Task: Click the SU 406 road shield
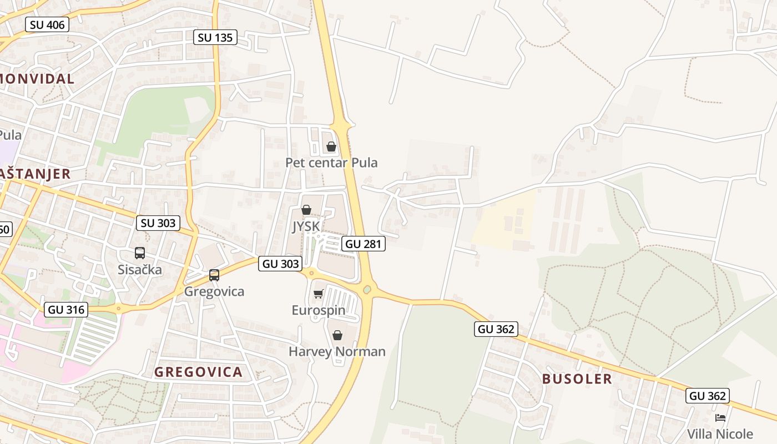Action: [x=47, y=24]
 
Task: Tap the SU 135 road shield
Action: [x=215, y=37]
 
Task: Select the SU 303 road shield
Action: [x=158, y=223]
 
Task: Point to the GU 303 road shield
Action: [x=281, y=264]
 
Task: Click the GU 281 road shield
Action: [x=364, y=243]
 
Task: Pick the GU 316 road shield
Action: [x=67, y=310]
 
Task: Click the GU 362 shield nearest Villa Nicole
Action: [x=707, y=396]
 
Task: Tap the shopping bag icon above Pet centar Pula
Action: [x=331, y=147]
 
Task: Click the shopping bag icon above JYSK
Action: [x=306, y=210]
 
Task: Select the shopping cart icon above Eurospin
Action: [x=318, y=294]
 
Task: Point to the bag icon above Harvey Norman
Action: [x=337, y=335]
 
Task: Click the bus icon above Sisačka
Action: [x=140, y=253]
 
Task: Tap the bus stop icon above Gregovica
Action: [x=214, y=275]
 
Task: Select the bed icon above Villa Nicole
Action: [x=720, y=417]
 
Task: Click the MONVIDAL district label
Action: [x=37, y=79]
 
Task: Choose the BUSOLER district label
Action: [x=577, y=379]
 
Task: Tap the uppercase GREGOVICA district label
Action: [x=198, y=372]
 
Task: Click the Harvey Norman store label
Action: [x=337, y=351]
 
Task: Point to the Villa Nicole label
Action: [x=720, y=433]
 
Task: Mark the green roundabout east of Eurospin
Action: [x=367, y=289]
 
